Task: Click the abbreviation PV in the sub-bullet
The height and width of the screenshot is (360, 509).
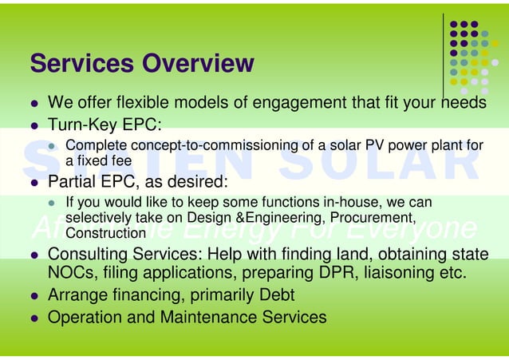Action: coord(375,145)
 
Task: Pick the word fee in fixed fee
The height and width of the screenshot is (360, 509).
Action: coord(121,160)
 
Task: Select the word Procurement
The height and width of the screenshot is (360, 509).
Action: coord(373,218)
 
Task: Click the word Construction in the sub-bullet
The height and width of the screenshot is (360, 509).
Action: coord(105,232)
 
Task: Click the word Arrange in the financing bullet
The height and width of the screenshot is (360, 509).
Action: coord(77,296)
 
